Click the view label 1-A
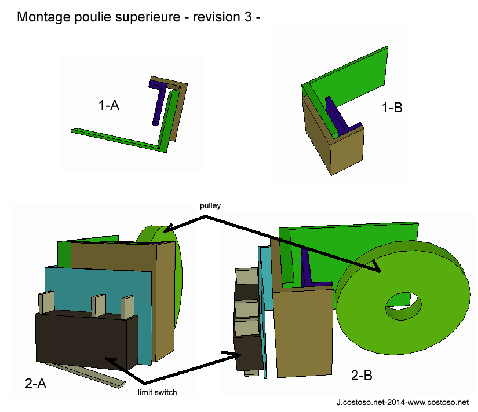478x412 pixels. coord(109,105)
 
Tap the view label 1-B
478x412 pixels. coord(392,107)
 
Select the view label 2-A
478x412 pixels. coord(36,382)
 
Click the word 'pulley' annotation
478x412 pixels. coord(210,205)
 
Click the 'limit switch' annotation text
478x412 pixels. coord(157,393)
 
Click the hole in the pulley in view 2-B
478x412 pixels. coord(404,305)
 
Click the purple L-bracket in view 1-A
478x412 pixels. coord(157,104)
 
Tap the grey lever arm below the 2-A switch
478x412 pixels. coord(87,374)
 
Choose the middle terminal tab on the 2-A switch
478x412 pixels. coord(98,305)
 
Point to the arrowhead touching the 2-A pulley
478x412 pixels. coord(166,229)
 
